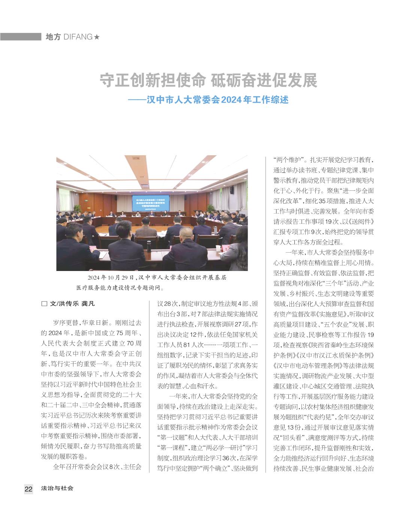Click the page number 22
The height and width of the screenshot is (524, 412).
[28, 489]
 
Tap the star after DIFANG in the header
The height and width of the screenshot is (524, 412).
[97, 37]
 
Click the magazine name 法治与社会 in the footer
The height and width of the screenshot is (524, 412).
[57, 488]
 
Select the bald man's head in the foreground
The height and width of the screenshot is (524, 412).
[185, 234]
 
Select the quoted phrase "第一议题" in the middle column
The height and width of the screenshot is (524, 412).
[172, 437]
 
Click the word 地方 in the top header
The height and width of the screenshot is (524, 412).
[53, 37]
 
